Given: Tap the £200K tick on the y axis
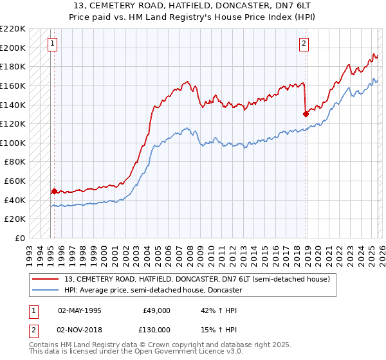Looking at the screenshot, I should (x=13, y=48).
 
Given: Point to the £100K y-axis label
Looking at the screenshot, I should (x=13, y=143).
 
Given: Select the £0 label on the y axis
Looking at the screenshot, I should (x=20, y=238).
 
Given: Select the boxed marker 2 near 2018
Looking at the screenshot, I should (x=304, y=44).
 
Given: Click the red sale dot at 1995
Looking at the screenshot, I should (x=54, y=191).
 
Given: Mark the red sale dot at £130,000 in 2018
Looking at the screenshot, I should (x=306, y=114).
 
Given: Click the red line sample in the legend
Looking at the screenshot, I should (x=46, y=279).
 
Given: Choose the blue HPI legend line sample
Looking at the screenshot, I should (x=46, y=290).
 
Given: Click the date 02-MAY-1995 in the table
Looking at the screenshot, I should (x=79, y=310).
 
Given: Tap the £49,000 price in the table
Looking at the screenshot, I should (x=156, y=310).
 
